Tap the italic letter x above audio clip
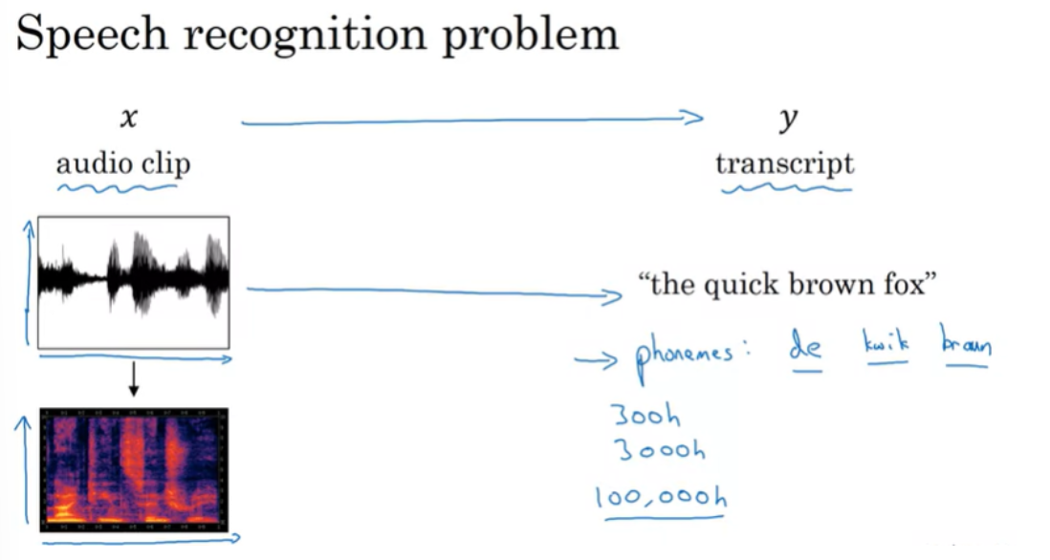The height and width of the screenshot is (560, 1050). [128, 118]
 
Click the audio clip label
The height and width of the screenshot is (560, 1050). [123, 163]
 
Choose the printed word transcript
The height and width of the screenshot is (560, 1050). [784, 163]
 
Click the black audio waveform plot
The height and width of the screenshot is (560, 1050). [134, 281]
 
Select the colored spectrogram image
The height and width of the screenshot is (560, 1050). [134, 469]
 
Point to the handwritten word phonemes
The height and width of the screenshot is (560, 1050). [685, 353]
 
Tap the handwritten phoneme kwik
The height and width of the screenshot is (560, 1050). [885, 344]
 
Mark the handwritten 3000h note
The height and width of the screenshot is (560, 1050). [660, 449]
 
